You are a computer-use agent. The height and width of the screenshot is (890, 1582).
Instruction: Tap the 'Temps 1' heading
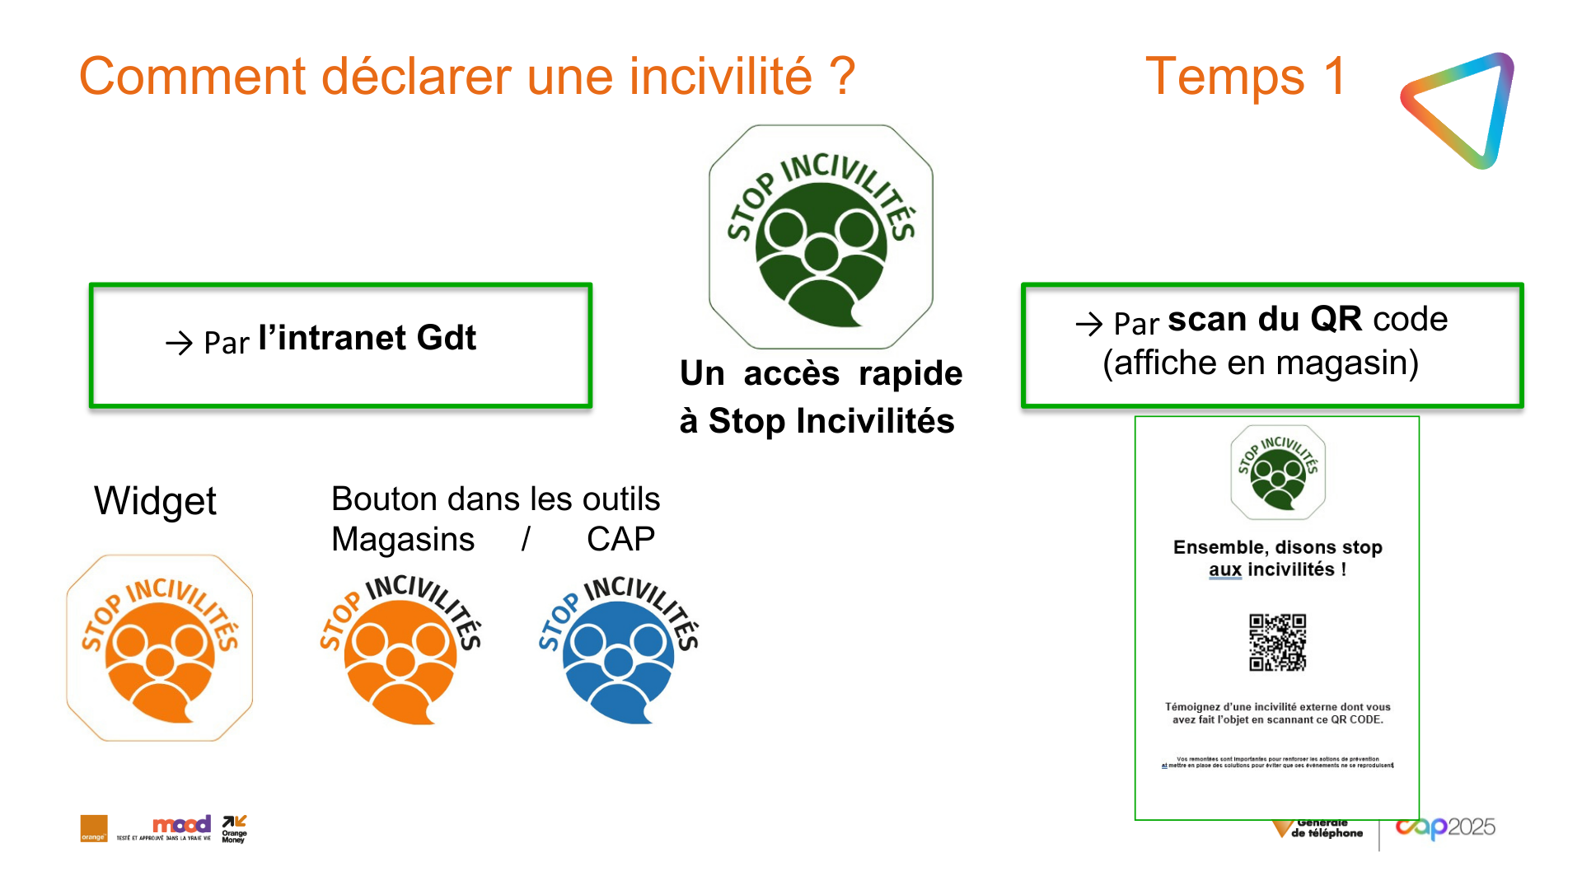1245,77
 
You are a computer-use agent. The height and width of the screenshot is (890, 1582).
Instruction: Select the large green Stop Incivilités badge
821,237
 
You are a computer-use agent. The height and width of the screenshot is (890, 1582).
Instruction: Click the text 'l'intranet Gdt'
367,338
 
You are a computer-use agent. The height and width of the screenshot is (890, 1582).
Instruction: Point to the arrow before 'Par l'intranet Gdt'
179,343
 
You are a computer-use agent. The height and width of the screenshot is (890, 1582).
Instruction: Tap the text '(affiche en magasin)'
1261,363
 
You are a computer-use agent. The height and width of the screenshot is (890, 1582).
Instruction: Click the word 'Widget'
155,501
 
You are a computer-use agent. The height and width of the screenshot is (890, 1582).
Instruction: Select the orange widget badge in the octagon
160,648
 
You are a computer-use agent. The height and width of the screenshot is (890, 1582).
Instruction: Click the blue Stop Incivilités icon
618,650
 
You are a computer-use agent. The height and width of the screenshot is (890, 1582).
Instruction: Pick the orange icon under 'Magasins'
400,650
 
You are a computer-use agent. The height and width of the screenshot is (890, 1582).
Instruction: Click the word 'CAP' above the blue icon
620,540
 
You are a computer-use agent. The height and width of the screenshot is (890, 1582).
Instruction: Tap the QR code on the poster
1277,642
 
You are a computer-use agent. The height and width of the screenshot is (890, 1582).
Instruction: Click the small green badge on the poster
1278,472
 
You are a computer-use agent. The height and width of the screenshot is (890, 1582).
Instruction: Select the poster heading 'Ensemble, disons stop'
1277,547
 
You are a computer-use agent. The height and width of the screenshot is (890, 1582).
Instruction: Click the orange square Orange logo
94,828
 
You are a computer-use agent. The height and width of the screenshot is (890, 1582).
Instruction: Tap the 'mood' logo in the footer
181,824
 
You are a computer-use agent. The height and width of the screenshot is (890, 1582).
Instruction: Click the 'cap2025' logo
1445,827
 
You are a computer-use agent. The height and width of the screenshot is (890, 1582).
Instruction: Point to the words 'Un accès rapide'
821,373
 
